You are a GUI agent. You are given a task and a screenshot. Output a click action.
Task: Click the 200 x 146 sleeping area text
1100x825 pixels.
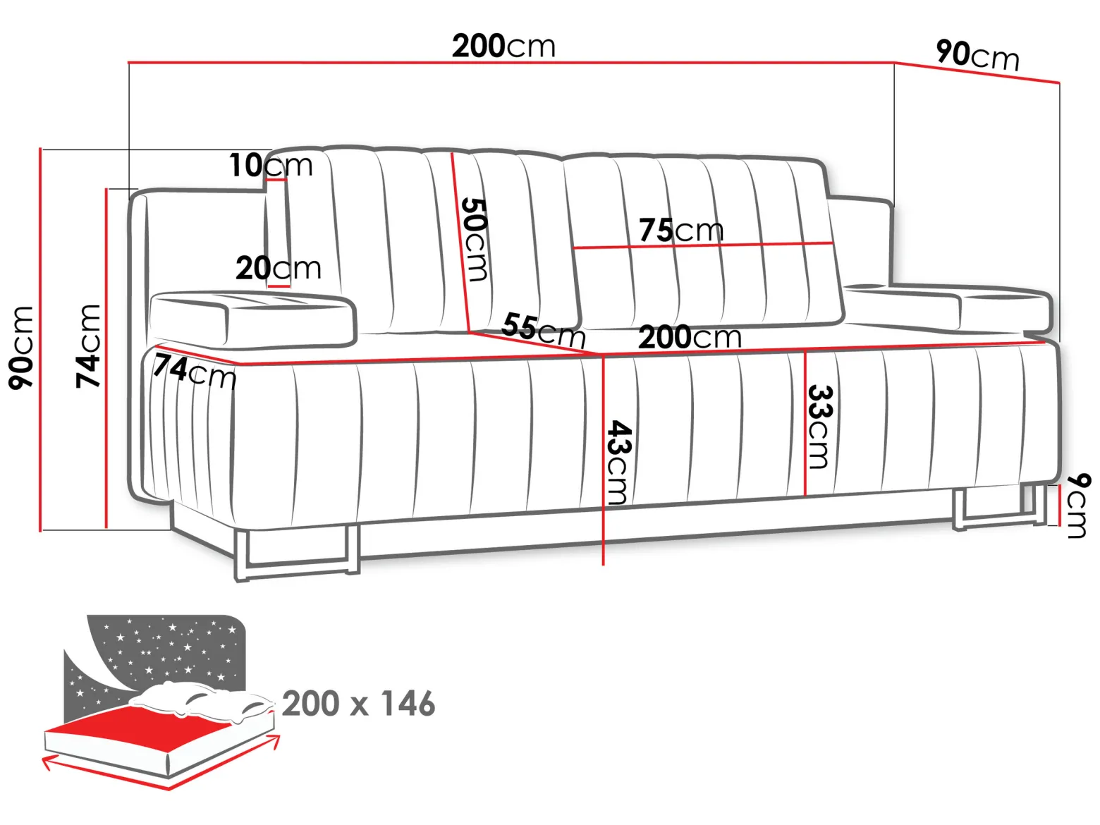[358, 703]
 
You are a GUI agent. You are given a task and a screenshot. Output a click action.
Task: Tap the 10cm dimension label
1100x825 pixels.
[271, 165]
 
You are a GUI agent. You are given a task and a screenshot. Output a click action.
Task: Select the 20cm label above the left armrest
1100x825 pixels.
[278, 268]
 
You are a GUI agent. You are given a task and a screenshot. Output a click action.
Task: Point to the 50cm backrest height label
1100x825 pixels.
[474, 240]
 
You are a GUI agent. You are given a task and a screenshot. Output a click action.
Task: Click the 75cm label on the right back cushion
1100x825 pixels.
[681, 230]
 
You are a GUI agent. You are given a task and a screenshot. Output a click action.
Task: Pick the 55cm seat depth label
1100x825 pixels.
[543, 330]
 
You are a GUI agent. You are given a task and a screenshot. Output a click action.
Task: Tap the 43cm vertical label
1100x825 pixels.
[619, 462]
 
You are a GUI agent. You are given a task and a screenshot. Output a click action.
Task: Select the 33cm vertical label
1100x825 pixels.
[820, 427]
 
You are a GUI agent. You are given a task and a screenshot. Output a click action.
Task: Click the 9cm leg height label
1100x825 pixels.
[1077, 506]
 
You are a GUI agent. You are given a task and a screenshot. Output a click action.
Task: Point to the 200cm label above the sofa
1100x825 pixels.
[503, 46]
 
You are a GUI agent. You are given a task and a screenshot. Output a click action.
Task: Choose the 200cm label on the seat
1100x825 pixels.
[690, 337]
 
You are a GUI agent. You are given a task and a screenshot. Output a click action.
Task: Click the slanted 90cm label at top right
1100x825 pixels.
[977, 55]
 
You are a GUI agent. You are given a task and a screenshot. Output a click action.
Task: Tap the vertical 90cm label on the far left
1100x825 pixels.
[21, 348]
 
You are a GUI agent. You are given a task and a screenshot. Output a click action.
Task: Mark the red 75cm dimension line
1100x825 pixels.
[702, 245]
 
